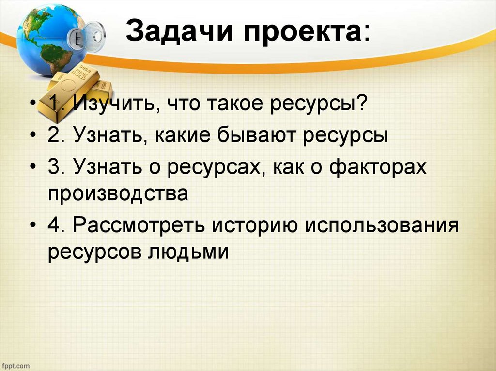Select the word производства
tap(118, 194)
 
